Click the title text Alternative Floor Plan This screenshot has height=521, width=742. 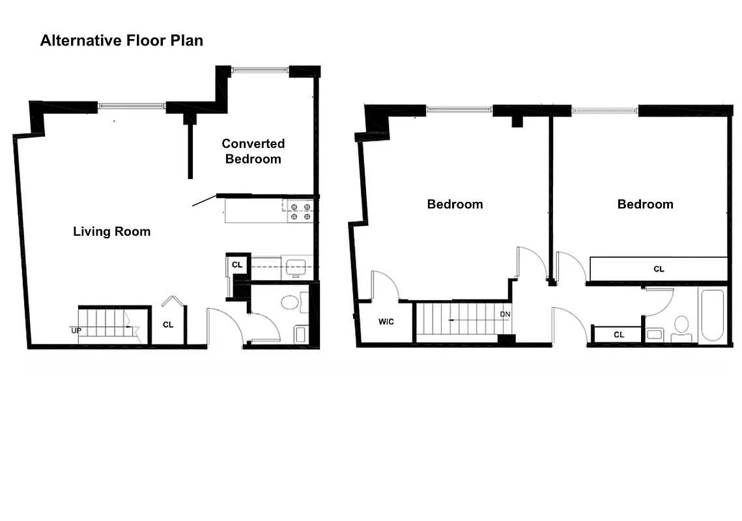coord(121,40)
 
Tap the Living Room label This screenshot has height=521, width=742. coord(111,231)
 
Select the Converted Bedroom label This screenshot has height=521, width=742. coord(253,151)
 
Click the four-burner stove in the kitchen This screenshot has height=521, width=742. coord(300,212)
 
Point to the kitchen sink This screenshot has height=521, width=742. coord(296,266)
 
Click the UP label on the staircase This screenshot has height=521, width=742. coord(76,330)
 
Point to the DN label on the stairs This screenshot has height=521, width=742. coord(505,314)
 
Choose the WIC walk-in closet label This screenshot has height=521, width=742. coord(386,322)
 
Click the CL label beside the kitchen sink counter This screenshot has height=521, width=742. coord(237,265)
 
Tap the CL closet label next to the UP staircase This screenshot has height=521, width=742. coord(168,324)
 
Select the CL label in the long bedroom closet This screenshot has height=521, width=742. coord(659,268)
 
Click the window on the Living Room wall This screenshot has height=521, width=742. coord(132,105)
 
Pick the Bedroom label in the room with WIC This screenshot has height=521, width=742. coord(455,204)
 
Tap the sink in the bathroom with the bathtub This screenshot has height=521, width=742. coord(655,334)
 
